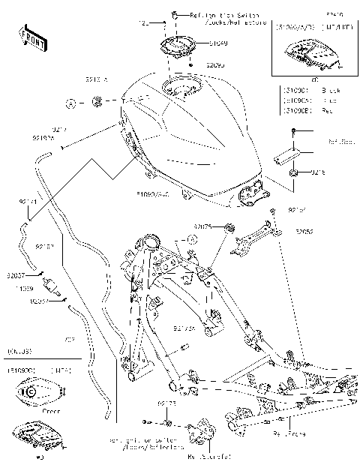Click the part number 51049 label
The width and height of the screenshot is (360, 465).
tap(198, 43)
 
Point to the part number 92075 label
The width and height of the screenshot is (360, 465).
tap(203, 226)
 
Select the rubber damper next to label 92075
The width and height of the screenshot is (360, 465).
tap(229, 227)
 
